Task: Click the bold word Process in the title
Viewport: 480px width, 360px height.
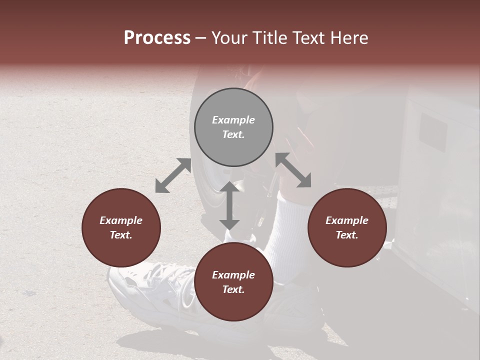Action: (157, 38)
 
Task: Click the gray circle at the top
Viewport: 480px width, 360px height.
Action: (233, 127)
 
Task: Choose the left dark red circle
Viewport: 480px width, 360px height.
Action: (121, 227)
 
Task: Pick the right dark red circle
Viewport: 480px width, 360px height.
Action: (347, 227)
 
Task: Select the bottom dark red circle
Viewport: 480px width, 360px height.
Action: (233, 282)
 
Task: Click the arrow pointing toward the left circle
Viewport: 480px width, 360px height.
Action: (173, 175)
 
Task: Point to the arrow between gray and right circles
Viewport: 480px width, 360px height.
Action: (293, 170)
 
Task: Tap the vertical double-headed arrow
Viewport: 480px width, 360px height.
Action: (229, 205)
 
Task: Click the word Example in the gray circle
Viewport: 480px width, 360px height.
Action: (233, 120)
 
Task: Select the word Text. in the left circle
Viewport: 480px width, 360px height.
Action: (121, 235)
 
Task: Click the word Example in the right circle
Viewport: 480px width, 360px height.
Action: (347, 220)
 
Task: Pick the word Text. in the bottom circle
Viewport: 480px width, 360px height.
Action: (233, 289)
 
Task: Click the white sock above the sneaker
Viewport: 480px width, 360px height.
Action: (290, 235)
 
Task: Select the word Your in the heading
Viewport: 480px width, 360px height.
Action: (229, 38)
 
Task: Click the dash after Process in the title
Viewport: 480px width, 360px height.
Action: (200, 38)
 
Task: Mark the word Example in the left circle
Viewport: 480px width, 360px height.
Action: (121, 220)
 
